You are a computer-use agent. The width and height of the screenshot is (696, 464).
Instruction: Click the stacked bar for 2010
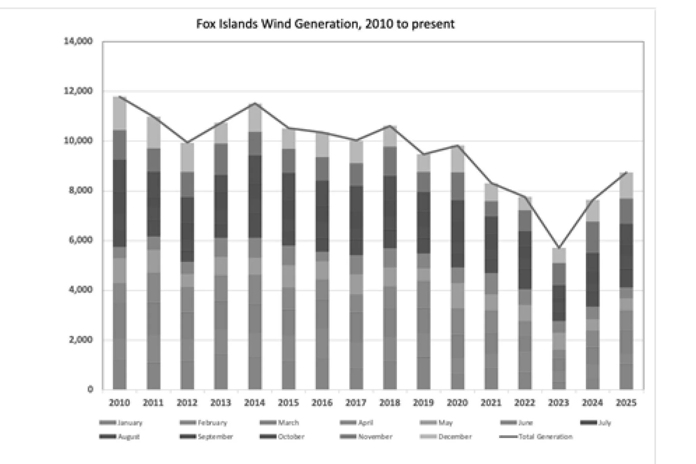pos(120,243)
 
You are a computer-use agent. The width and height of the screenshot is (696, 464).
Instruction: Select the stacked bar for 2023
pos(558,319)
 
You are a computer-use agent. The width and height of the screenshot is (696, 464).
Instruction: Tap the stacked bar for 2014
pos(255,246)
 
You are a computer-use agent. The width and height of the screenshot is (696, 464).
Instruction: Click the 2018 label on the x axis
pos(390,403)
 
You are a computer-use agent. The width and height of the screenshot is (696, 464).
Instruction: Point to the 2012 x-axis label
pos(187,403)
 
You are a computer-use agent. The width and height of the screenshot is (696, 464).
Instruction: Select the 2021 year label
pos(491,403)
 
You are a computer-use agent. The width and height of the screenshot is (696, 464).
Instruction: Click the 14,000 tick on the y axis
pos(78,41)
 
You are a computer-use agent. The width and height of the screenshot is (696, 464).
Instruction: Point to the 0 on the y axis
pos(90,389)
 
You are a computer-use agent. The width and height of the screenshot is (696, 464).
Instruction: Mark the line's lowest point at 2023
pos(558,248)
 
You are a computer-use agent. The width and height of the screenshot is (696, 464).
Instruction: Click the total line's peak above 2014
pos(255,103)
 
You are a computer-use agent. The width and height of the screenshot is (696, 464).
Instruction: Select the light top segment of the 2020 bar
pos(457,159)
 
